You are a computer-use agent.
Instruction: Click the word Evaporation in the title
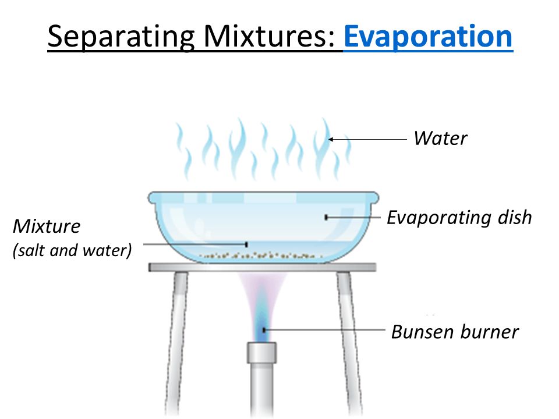428,36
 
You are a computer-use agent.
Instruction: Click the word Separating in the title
120,36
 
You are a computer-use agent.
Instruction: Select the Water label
440,139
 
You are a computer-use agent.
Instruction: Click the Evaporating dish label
459,218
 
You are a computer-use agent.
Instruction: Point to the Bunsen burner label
455,332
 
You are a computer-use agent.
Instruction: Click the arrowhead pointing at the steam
331,139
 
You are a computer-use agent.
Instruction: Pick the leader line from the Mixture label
192,244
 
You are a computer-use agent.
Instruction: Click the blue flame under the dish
263,326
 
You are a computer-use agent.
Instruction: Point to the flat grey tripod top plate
262,267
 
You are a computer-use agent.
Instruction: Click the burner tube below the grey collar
263,390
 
